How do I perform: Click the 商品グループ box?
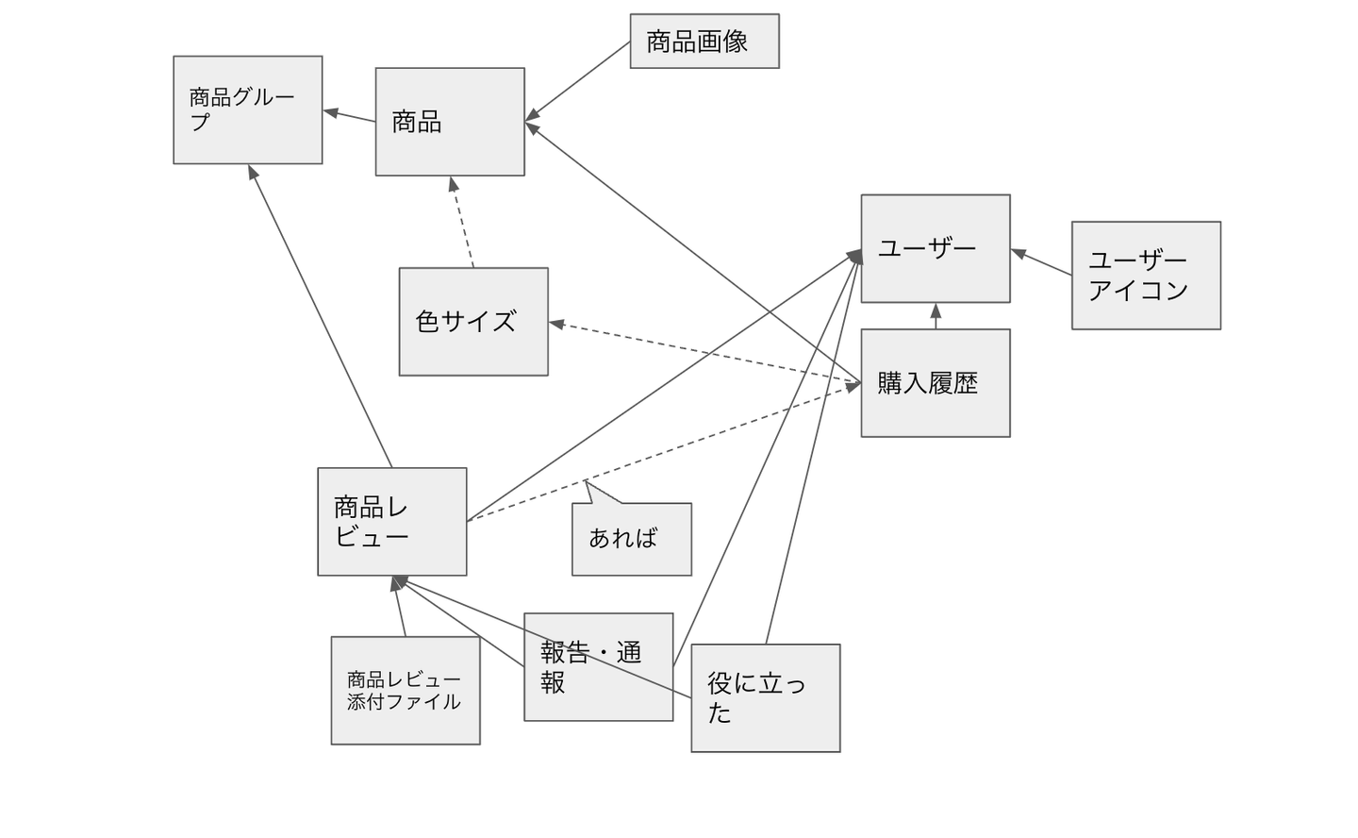pyautogui.click(x=247, y=109)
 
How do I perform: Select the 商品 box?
pyautogui.click(x=449, y=122)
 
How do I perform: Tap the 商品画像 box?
pyautogui.click(x=704, y=41)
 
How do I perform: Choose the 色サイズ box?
pyautogui.click(x=472, y=322)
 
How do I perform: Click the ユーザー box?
pyautogui.click(x=935, y=248)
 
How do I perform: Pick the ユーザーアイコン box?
pyautogui.click(x=1146, y=276)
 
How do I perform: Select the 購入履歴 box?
pyautogui.click(x=935, y=383)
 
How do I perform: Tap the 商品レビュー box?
pyautogui.click(x=391, y=521)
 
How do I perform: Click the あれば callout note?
pyautogui.click(x=631, y=539)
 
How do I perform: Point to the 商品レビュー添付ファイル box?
pyautogui.click(x=405, y=691)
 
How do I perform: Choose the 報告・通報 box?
pyautogui.click(x=598, y=667)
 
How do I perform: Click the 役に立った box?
pyautogui.click(x=765, y=698)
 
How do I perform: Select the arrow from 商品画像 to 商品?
pyautogui.click(x=578, y=81)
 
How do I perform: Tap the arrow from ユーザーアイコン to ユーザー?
pyautogui.click(x=1041, y=262)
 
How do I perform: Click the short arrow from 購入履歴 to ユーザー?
pyautogui.click(x=936, y=316)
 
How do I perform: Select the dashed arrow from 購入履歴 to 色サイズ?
pyautogui.click(x=704, y=353)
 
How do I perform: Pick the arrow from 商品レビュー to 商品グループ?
pyautogui.click(x=321, y=316)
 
